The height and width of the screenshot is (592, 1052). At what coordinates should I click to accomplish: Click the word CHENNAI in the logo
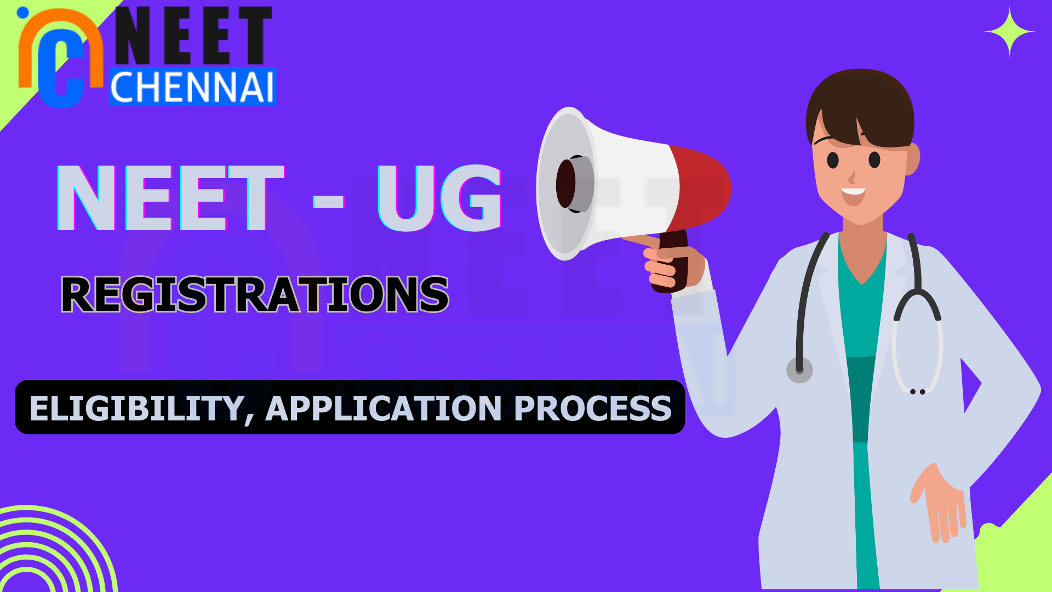click(x=192, y=87)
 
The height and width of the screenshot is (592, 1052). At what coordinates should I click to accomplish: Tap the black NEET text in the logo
click(x=193, y=36)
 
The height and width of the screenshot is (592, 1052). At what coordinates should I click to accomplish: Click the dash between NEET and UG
click(x=328, y=201)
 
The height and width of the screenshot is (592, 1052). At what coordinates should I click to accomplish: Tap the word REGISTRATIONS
click(x=255, y=294)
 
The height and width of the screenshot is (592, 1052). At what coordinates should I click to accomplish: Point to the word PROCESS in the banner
click(x=593, y=409)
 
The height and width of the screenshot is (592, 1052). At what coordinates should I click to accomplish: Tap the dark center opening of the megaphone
click(x=567, y=184)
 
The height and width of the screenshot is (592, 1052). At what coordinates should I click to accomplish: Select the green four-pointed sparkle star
click(x=1009, y=32)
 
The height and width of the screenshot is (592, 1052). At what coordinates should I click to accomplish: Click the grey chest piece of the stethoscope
click(x=799, y=370)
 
